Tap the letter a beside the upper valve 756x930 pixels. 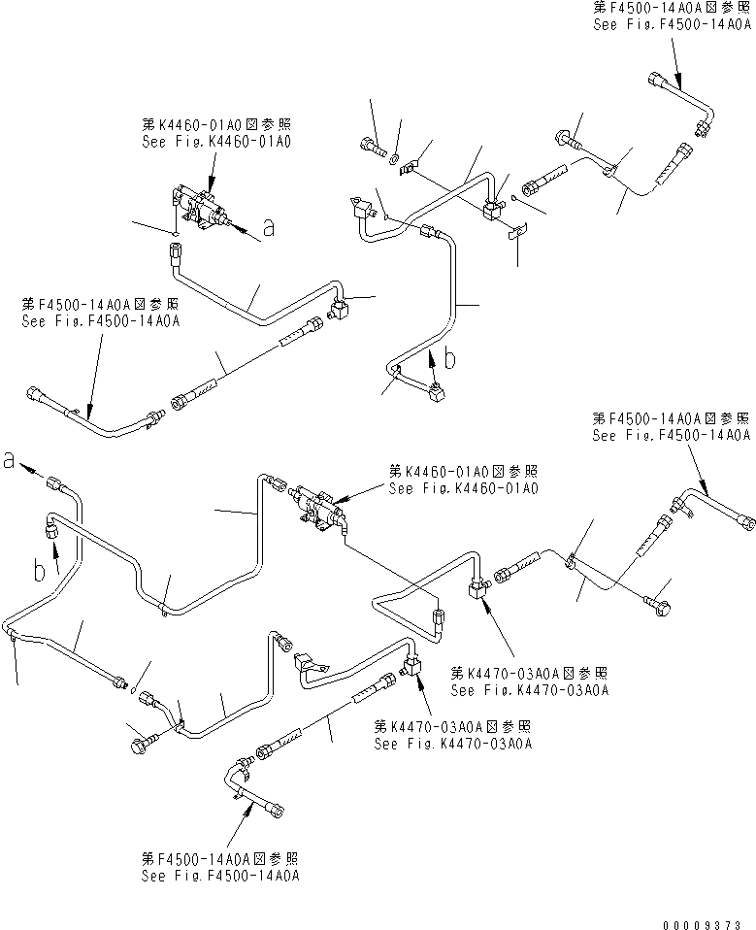(x=268, y=229)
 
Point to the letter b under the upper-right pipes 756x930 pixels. (x=449, y=357)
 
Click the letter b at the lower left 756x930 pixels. (x=40, y=572)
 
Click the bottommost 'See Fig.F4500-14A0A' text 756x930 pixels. (x=220, y=875)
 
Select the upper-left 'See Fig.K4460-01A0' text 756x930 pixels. (x=215, y=141)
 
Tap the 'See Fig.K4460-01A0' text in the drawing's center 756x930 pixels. (x=463, y=488)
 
